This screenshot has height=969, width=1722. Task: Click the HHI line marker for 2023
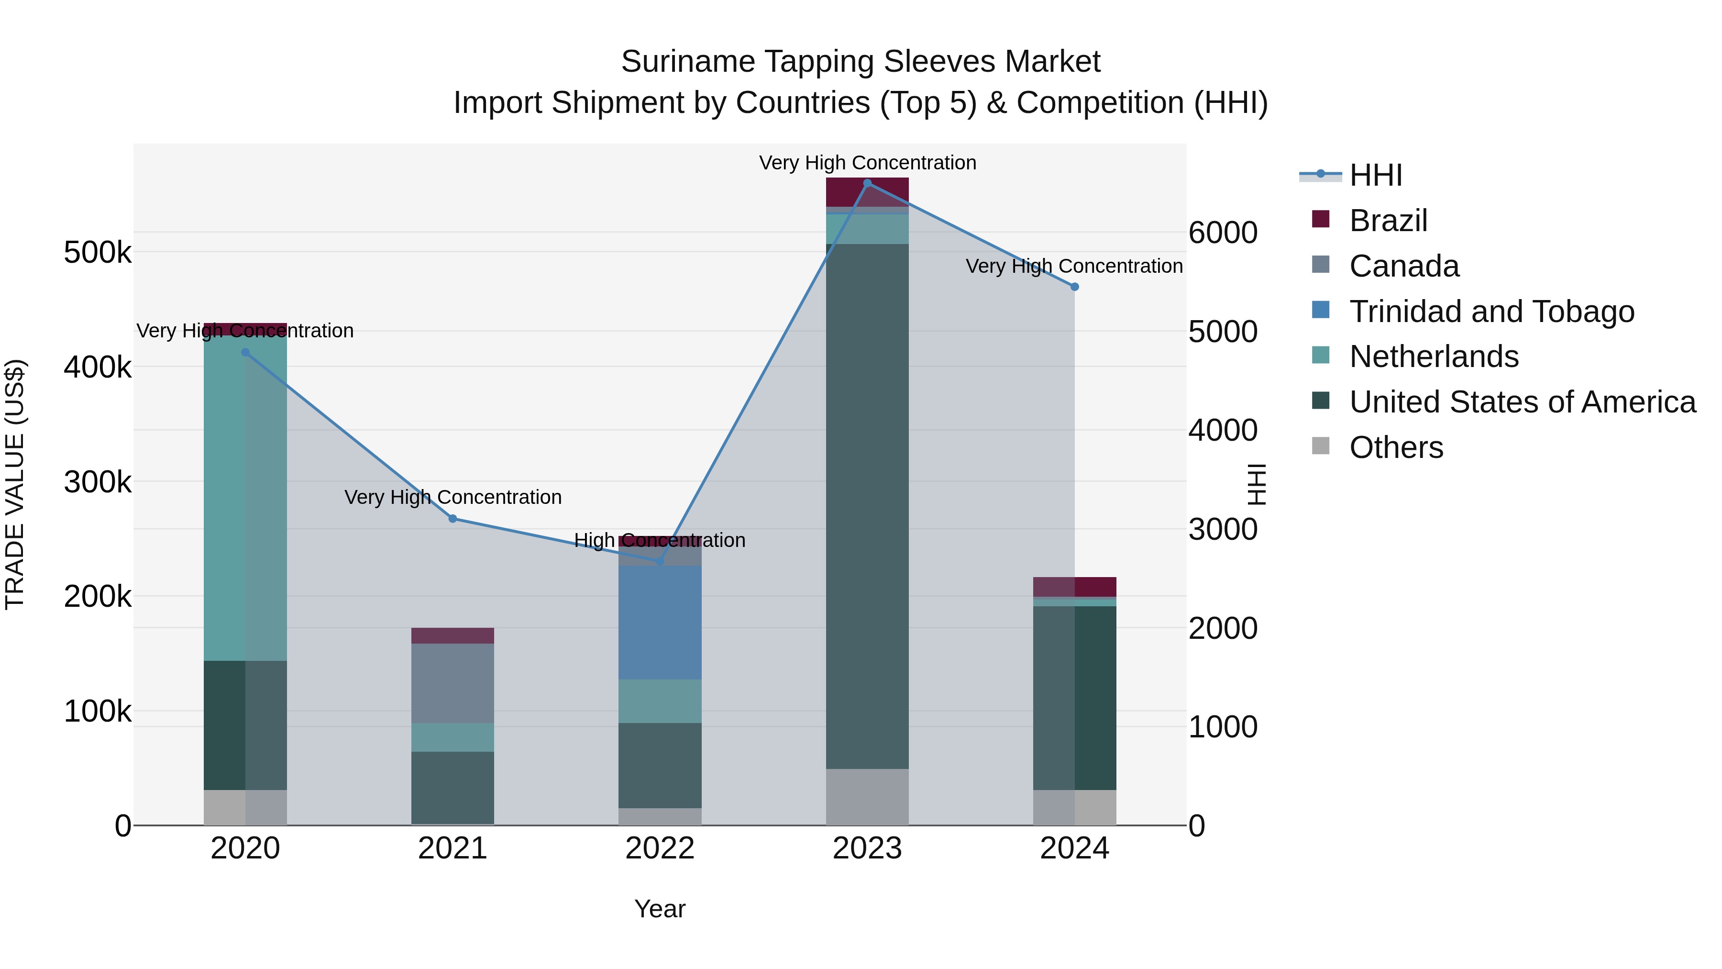(867, 183)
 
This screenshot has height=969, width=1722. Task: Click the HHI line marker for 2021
(453, 518)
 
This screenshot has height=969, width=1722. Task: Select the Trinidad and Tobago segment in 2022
(660, 622)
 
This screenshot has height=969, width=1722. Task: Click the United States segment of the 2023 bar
(867, 506)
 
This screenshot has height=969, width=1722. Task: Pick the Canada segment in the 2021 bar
(453, 683)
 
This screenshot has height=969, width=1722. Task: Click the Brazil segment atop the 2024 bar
(1074, 587)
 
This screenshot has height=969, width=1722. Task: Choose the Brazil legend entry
(1388, 221)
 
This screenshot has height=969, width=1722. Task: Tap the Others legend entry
(1396, 447)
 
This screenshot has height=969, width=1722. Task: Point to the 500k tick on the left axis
(98, 253)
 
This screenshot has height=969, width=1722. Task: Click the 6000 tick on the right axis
(1223, 233)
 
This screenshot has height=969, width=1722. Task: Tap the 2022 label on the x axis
(660, 848)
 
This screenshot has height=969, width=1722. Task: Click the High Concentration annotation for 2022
(660, 540)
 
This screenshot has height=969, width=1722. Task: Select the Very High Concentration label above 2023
(867, 163)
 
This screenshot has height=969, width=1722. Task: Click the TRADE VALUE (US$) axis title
(15, 484)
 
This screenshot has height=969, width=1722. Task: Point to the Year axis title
(660, 909)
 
